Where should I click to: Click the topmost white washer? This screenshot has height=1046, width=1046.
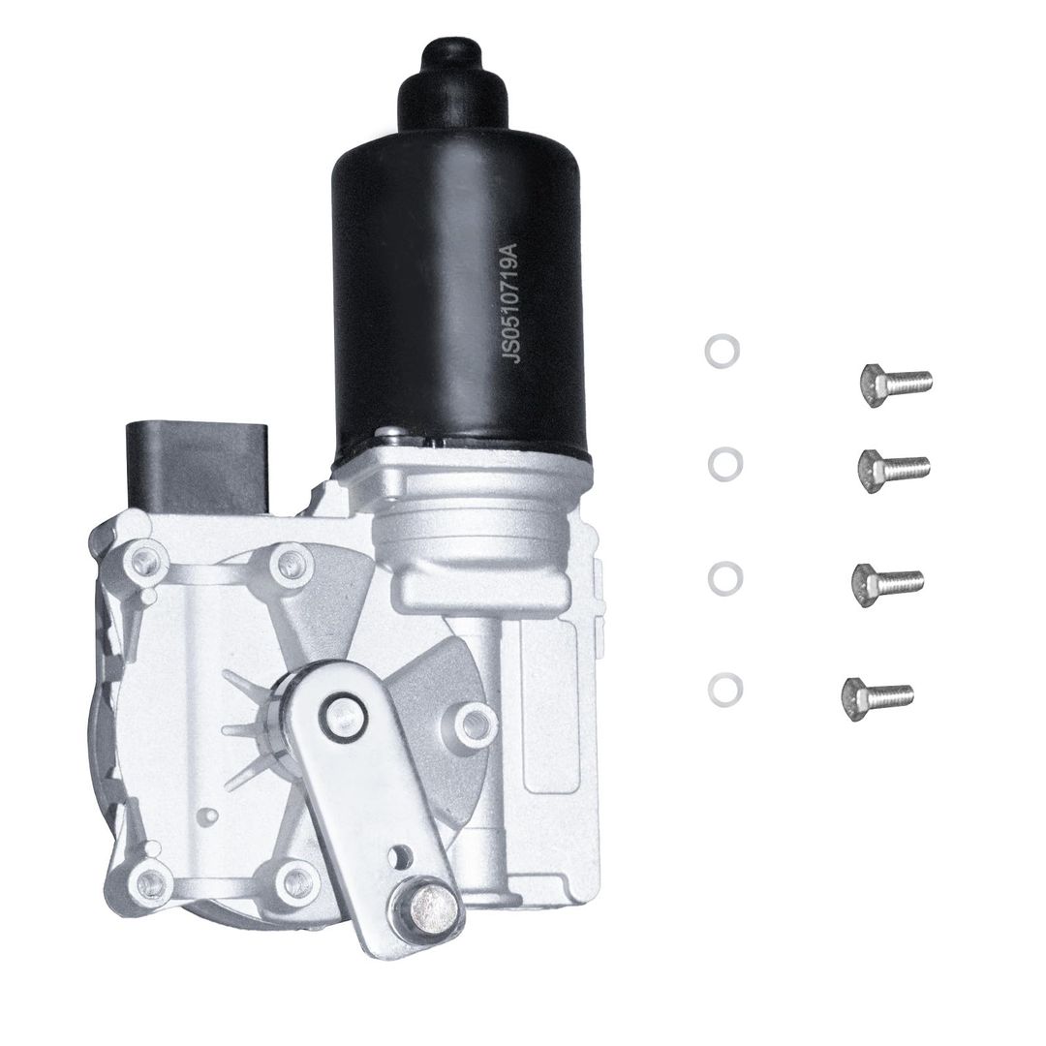(722, 351)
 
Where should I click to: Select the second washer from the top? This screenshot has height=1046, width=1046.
(724, 464)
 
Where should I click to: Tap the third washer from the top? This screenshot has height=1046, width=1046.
(725, 578)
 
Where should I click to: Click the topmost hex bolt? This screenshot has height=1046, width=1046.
(896, 384)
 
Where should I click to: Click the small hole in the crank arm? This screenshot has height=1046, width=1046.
(399, 854)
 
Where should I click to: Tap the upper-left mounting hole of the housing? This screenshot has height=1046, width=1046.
(148, 557)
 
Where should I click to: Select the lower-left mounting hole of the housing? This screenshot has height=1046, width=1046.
(150, 881)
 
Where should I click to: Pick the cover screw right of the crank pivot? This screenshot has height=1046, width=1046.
(474, 721)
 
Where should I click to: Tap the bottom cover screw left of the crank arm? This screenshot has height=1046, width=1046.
(291, 880)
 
